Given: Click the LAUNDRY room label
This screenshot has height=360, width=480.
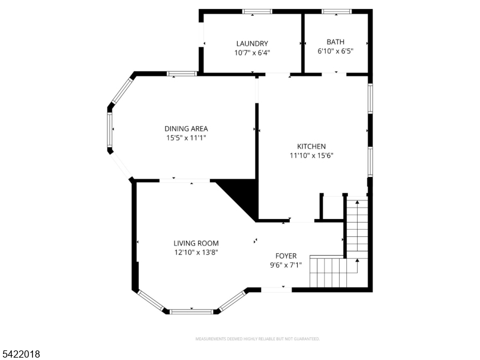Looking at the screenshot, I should click(252, 43).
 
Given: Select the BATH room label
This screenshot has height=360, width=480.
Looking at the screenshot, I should click(335, 42).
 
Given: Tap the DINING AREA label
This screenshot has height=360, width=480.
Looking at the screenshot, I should click(186, 128).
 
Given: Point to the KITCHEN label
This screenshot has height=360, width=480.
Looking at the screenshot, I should click(311, 146).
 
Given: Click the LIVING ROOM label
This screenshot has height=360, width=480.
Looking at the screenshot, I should click(196, 243).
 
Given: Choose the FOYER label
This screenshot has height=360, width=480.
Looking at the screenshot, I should click(286, 256).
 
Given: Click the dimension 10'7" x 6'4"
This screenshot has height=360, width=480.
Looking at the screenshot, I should click(252, 52).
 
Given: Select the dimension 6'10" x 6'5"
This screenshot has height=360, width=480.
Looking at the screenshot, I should click(335, 51).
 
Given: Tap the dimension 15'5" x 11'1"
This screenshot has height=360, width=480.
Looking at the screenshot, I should click(186, 137).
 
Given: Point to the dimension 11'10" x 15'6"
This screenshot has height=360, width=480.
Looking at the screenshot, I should click(311, 155).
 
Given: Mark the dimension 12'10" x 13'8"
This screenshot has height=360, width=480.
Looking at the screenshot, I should click(196, 252).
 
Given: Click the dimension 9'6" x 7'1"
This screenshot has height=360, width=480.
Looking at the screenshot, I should click(286, 265).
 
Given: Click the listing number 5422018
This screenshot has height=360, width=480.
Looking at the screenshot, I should click(21, 355).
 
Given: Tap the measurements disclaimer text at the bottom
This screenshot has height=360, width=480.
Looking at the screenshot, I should click(257, 339).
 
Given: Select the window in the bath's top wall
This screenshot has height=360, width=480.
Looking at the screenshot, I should click(337, 11).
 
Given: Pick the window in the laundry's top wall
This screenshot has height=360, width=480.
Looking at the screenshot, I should click(257, 11).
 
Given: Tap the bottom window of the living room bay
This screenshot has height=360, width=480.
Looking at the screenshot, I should click(191, 311).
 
